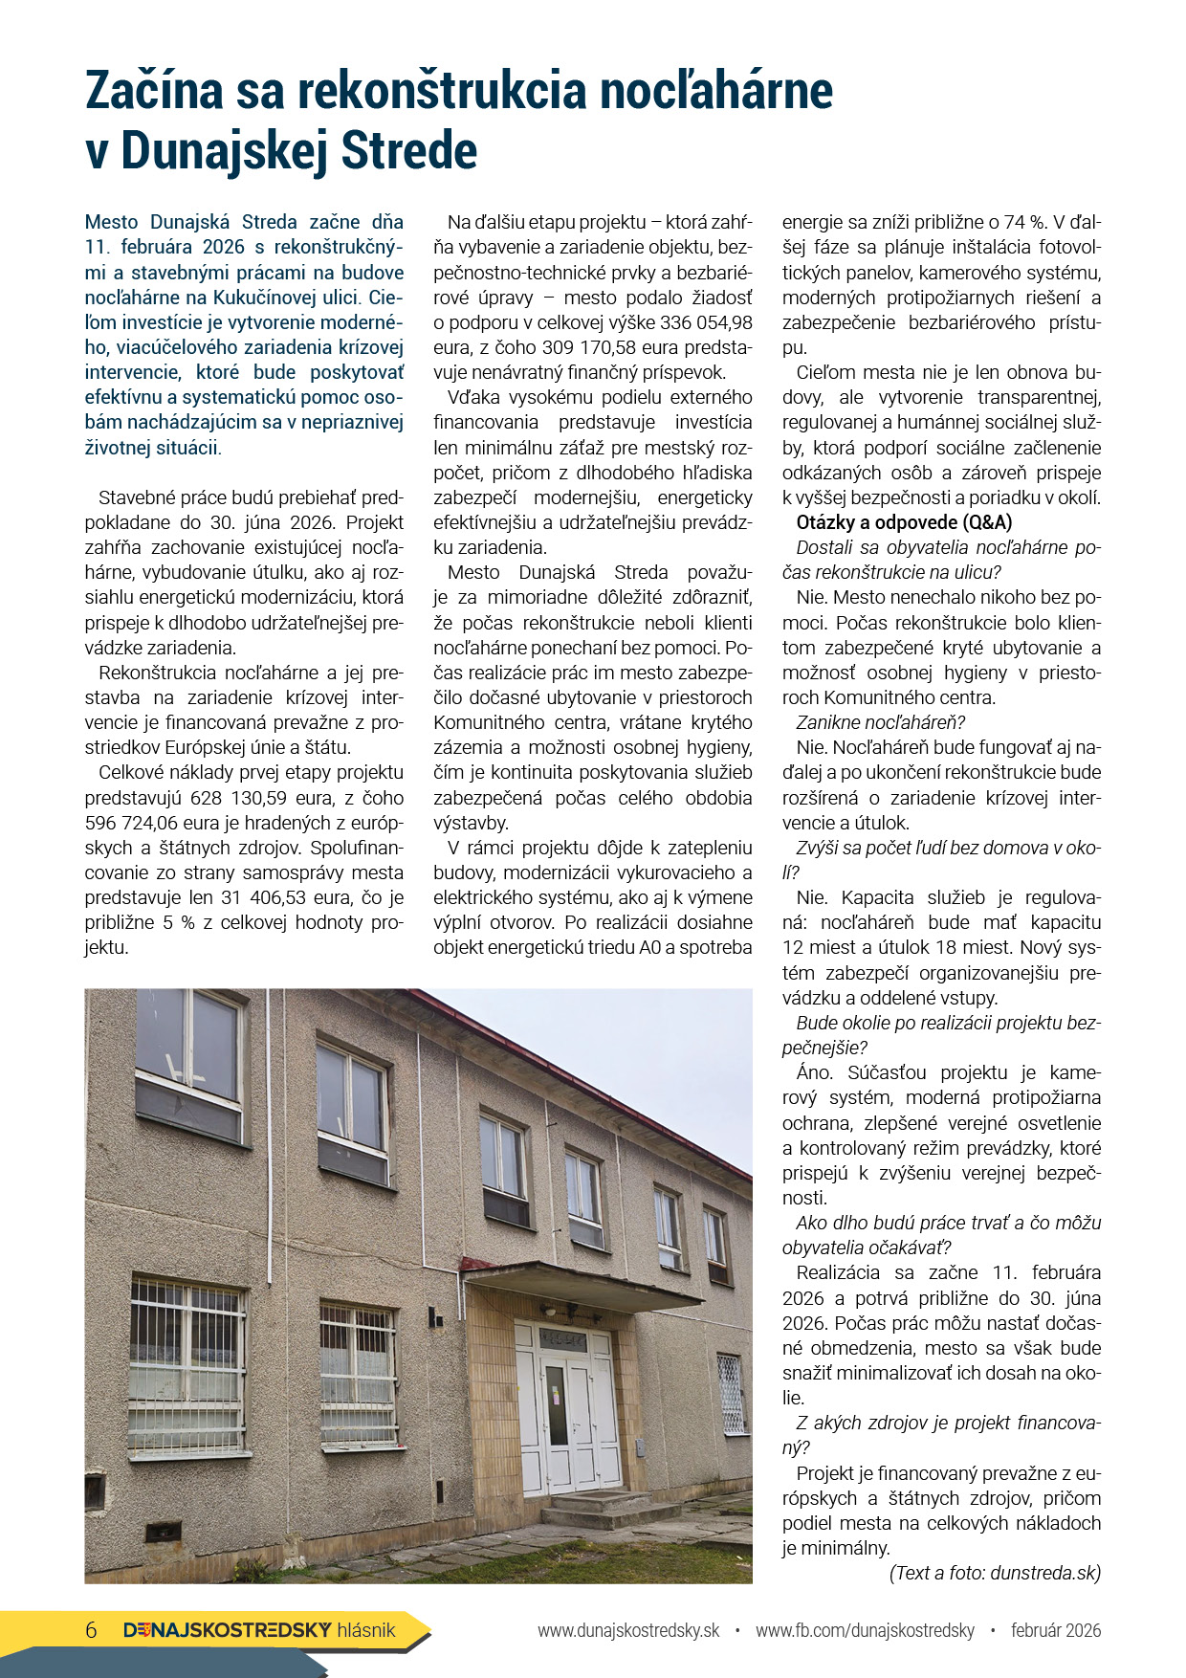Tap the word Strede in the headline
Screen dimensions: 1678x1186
(x=408, y=151)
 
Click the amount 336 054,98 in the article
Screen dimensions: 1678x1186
(x=706, y=322)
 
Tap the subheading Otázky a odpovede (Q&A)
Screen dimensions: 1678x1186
(x=904, y=522)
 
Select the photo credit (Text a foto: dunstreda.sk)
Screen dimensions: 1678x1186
(x=995, y=1573)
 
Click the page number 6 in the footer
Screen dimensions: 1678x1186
(x=91, y=1630)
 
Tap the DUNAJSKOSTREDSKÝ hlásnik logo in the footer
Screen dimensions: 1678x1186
(x=259, y=1630)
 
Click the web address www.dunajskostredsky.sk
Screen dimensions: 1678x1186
(x=627, y=1630)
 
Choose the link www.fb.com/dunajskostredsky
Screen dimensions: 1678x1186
(x=865, y=1630)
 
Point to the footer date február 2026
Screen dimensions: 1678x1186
(x=1056, y=1630)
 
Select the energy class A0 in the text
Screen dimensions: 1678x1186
(x=651, y=948)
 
